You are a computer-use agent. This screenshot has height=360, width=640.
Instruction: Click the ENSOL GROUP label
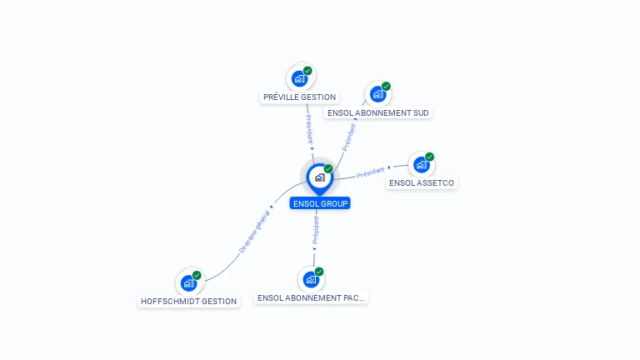coord(320,203)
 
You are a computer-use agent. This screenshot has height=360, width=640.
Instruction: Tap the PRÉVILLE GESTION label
coord(299,97)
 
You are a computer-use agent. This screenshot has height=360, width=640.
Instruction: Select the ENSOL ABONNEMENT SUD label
coord(378,112)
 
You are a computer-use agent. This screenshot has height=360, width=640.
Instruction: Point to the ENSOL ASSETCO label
coord(422,183)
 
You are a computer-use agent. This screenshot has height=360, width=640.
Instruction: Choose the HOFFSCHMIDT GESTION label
coord(189,302)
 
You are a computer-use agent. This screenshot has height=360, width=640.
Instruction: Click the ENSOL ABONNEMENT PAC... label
coord(311,297)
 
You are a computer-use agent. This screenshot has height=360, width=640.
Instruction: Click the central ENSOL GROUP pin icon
coord(319,177)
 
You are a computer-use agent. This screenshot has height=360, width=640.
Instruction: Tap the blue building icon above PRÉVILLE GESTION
coord(299,78)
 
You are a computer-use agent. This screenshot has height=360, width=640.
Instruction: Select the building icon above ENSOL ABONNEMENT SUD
coord(377,94)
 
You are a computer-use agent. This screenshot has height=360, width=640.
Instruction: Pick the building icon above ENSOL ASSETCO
coord(421,164)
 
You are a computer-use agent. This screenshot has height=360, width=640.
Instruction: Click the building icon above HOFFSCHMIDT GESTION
coord(188,282)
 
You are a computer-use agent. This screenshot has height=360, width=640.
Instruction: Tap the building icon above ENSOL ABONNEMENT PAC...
coord(311,279)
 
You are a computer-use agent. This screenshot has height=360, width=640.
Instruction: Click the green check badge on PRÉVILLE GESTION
coord(307,71)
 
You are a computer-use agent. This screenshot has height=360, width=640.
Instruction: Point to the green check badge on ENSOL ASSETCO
coord(430,157)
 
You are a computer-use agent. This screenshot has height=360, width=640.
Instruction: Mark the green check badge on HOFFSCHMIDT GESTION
coord(197,275)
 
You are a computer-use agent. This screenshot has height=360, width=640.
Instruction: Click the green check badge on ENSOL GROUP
coord(328,169)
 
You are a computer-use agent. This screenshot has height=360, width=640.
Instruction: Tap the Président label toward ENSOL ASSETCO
coord(371,173)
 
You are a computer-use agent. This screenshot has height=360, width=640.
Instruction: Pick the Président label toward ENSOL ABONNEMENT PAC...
coord(315,231)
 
